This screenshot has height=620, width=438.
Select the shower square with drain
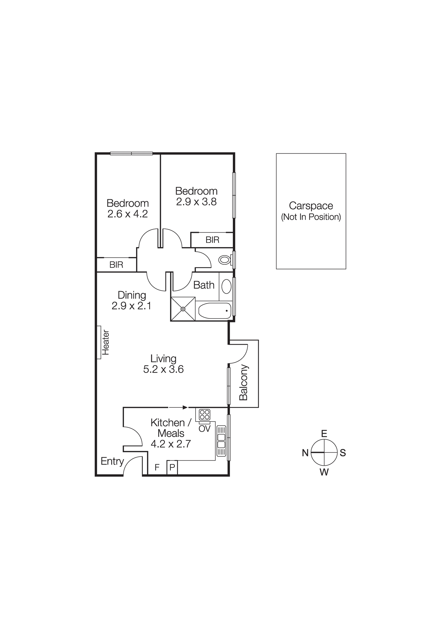[x=183, y=309]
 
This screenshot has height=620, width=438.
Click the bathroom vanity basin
[x=227, y=286]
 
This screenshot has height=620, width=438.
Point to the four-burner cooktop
[x=204, y=415]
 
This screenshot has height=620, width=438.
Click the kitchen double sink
[x=221, y=441]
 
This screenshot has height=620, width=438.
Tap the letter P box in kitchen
[x=172, y=467]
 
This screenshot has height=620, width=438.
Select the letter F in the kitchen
[x=157, y=467]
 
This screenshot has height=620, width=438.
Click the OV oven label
[x=205, y=429]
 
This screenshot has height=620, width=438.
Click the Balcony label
[x=244, y=382]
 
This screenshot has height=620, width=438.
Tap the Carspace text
[x=311, y=206]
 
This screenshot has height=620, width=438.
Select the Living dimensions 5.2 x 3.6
[x=163, y=369]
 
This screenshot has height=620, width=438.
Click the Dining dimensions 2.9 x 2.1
[x=131, y=306]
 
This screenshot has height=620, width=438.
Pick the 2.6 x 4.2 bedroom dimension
[x=127, y=214]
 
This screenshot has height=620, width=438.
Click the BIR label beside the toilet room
[x=212, y=240]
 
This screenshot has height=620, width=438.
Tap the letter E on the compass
[x=324, y=433]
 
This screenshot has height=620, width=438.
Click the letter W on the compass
[x=324, y=472]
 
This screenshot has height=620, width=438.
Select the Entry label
[x=112, y=461]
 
